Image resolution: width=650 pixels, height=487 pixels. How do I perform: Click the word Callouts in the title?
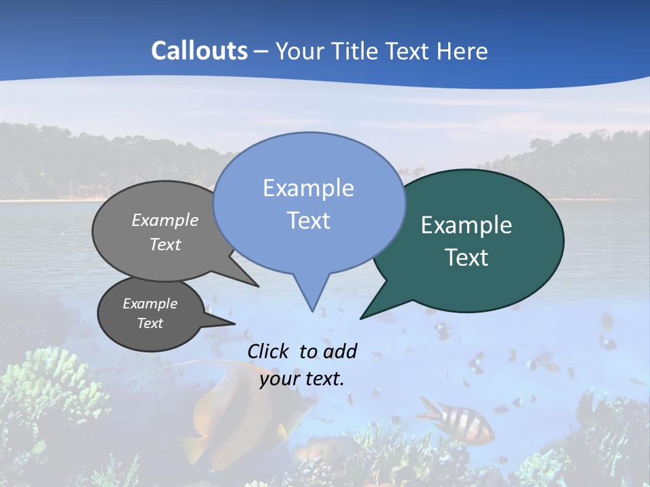coord(199,51)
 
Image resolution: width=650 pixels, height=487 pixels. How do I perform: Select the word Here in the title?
coord(462,51)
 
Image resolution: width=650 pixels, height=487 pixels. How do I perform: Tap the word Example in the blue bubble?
coord(308,188)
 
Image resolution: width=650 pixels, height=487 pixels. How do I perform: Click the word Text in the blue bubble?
coord(308,221)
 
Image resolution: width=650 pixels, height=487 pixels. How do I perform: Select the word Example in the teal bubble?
coord(467,225)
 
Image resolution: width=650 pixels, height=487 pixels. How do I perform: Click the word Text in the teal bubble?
coord(467,258)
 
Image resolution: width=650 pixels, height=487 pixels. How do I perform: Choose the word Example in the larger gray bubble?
coord(165,221)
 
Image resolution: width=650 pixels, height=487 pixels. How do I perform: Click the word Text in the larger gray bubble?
coord(165,245)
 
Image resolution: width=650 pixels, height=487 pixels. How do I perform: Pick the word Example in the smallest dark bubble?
coord(150,304)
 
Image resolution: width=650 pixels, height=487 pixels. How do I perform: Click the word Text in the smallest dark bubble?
coord(150,323)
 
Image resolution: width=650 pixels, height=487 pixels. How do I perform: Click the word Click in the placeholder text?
coord(269,351)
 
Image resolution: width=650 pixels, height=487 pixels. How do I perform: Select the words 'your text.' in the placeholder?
coord(302,379)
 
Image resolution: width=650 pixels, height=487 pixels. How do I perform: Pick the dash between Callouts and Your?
coord(262,51)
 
